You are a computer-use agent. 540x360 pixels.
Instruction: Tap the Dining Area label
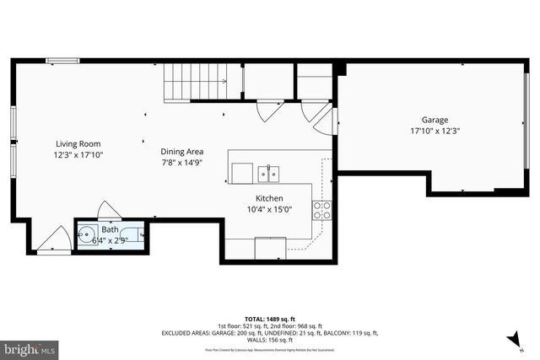(x=181, y=152)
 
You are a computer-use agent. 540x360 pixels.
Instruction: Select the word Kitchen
(x=257, y=197)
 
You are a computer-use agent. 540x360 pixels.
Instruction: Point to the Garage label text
(x=435, y=120)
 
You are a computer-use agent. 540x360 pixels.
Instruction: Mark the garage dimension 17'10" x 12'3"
(x=435, y=132)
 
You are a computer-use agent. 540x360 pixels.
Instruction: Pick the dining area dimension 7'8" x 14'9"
(x=181, y=163)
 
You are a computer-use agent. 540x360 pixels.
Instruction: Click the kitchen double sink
(x=269, y=174)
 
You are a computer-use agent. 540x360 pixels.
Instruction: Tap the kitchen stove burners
(x=321, y=210)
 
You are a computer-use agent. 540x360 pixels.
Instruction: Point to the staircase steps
(x=196, y=82)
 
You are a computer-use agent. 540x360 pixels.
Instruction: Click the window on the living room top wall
(x=62, y=60)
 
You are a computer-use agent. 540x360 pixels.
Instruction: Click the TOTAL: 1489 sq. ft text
(x=269, y=318)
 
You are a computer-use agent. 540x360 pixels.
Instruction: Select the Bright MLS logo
(x=30, y=347)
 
